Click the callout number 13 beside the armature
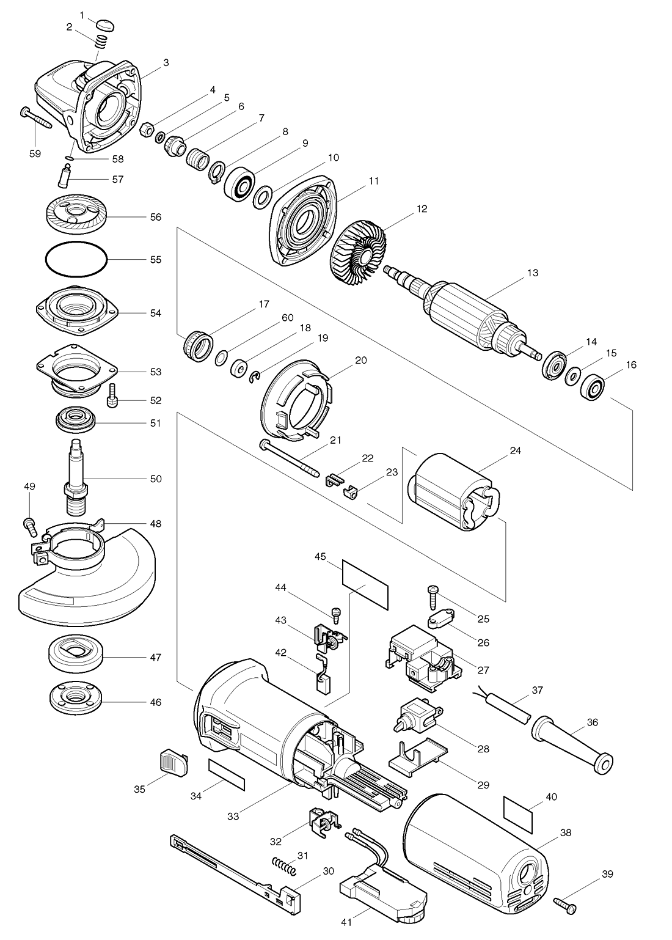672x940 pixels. tap(532, 273)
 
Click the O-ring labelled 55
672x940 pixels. tap(76, 259)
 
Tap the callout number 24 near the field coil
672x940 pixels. tap(516, 450)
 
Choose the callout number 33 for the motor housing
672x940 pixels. tap(233, 816)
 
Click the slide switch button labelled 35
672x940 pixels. tap(173, 764)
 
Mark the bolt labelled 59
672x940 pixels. tap(35, 119)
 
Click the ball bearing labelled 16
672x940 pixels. tap(593, 386)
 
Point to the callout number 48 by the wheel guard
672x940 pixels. tap(156, 524)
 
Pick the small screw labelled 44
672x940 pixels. tap(335, 614)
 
